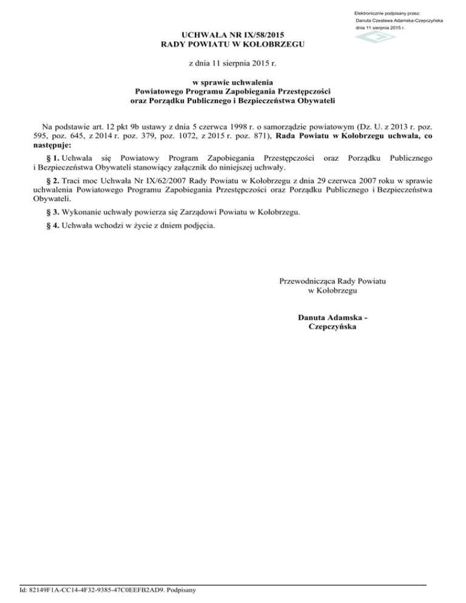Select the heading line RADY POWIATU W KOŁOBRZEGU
[232, 45]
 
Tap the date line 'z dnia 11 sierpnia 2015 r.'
[232, 63]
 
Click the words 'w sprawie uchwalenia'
[232, 81]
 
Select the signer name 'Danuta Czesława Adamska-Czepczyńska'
[399, 21]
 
